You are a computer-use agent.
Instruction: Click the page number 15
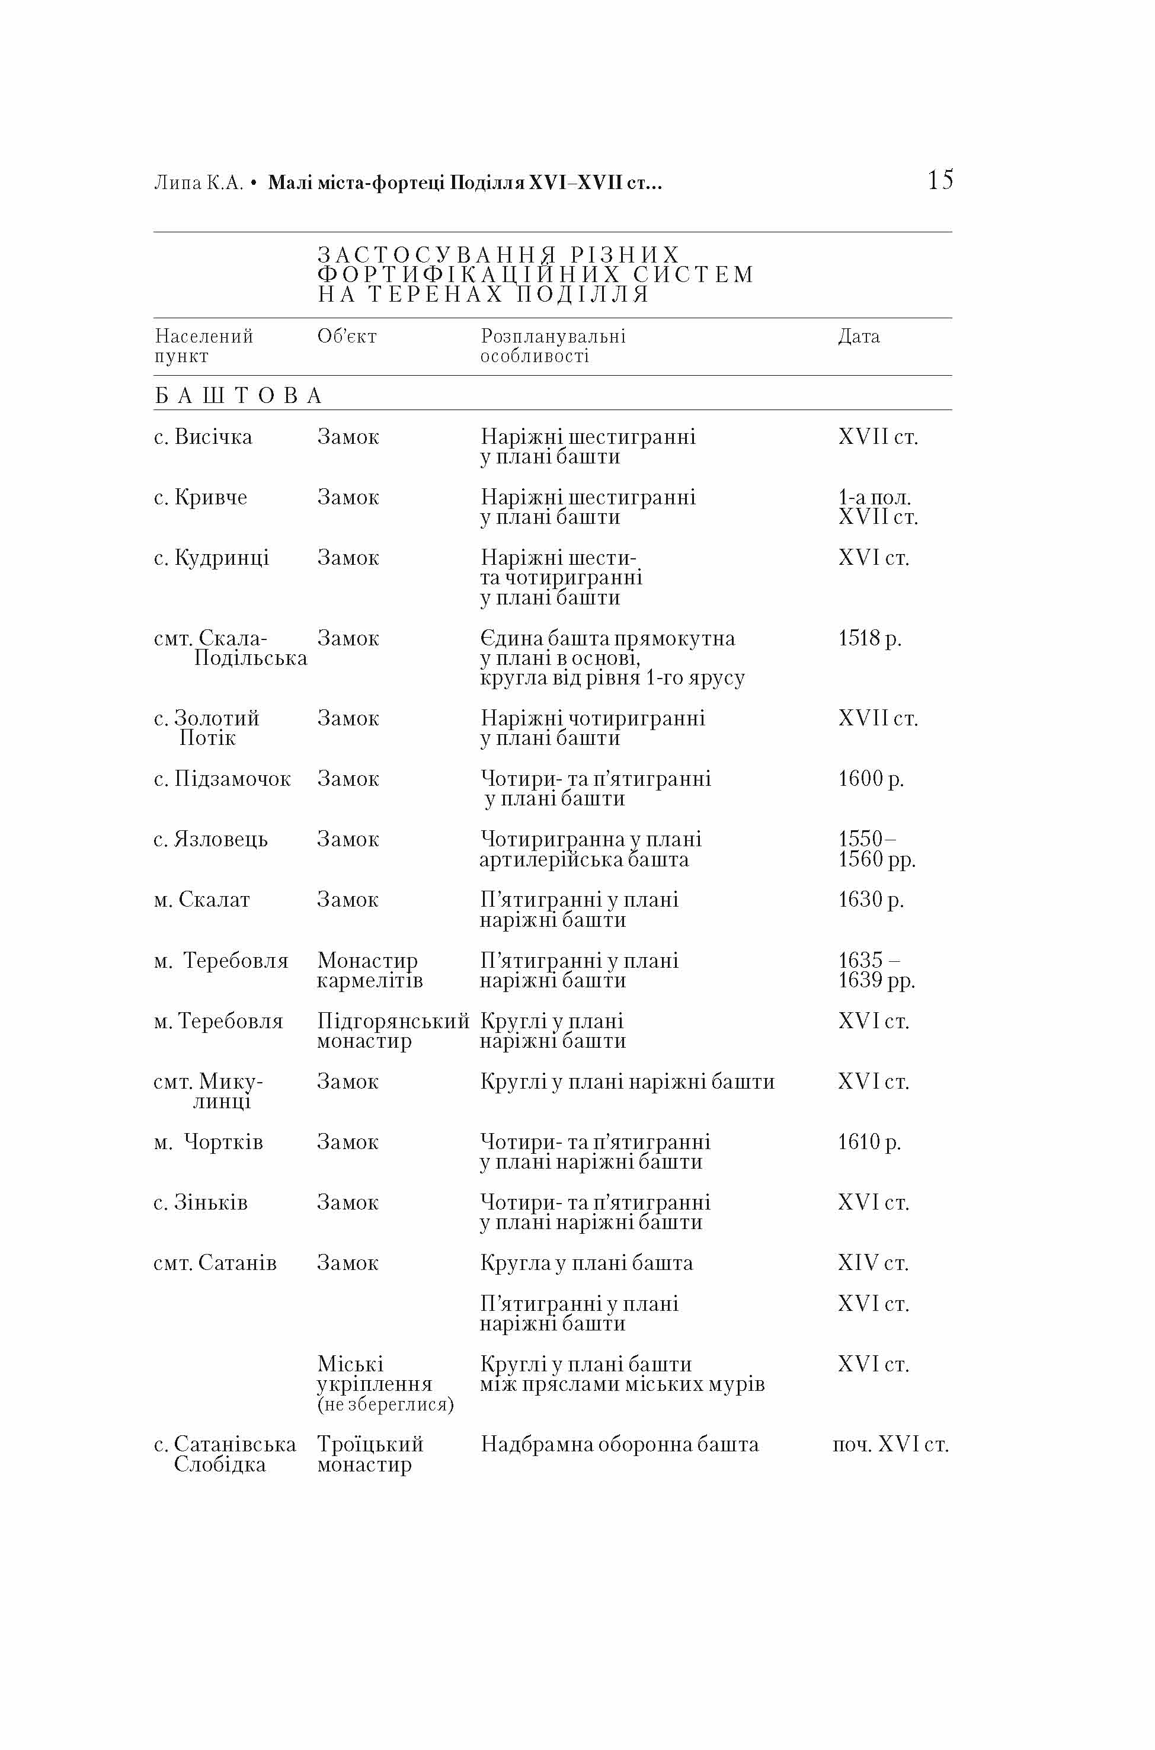tap(940, 180)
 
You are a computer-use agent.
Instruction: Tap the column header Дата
tap(859, 337)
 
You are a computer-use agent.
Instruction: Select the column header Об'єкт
tap(347, 337)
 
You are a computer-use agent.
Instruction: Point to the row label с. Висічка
tap(203, 437)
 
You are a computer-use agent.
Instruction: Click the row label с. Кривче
tap(200, 497)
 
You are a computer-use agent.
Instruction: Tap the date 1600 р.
tap(871, 779)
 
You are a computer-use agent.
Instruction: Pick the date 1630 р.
tap(871, 900)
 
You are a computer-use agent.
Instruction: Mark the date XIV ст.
tap(873, 1262)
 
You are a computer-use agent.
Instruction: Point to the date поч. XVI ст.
tap(890, 1444)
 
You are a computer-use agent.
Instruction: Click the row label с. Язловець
tap(210, 839)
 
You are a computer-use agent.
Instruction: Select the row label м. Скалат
tap(202, 900)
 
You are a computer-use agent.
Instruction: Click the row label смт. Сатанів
tap(215, 1262)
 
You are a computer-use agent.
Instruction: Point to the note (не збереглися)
tap(385, 1404)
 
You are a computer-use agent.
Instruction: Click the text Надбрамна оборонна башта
tap(619, 1444)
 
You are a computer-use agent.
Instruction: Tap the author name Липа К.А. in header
tap(198, 183)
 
